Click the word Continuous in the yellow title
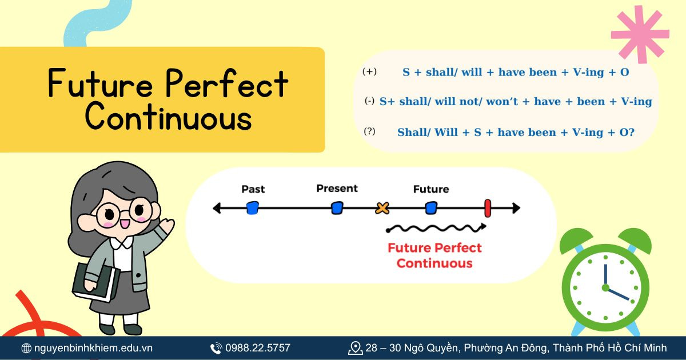pos(168,118)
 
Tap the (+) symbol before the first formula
pos(370,72)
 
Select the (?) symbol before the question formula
pos(370,131)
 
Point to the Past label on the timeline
pos(253,189)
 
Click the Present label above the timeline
pos(337,189)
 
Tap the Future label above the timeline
pos(431,189)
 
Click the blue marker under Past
pos(252,208)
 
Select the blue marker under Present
pos(337,208)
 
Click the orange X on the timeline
pos(382,208)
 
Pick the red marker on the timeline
pos(488,208)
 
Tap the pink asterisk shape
pos(639,34)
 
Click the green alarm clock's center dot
pos(605,287)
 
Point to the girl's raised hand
pos(167,227)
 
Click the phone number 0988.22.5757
pos(257,348)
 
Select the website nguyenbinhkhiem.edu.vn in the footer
pos(93,348)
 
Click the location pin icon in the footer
pos(355,348)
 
